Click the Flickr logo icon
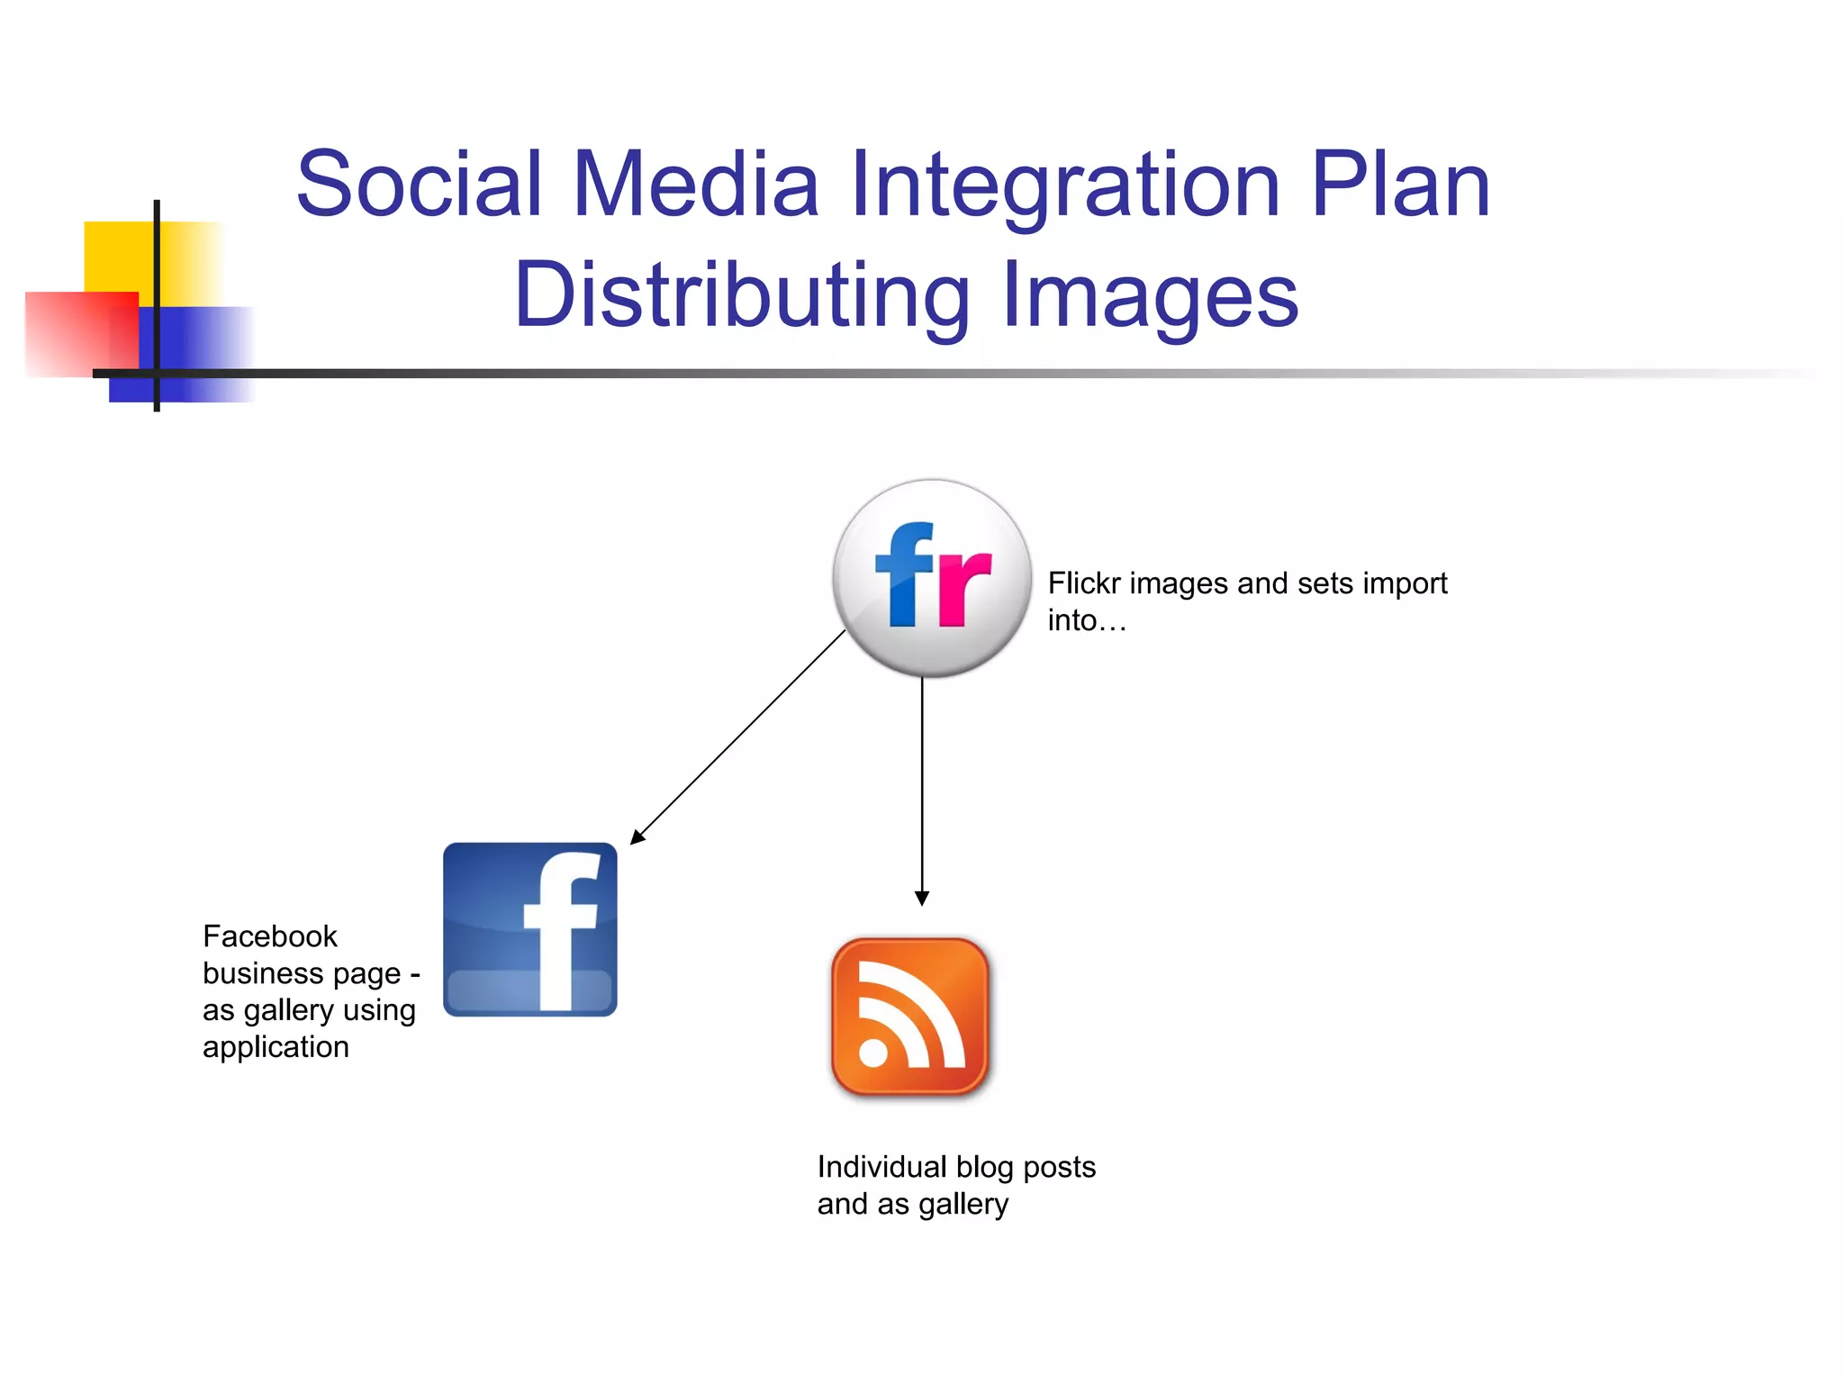click(932, 578)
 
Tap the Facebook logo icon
click(530, 929)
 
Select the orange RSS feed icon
click(910, 1016)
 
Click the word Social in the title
click(420, 185)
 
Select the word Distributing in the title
click(742, 295)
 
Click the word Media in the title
click(695, 185)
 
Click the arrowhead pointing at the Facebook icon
click(637, 836)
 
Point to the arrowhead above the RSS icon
click(922, 898)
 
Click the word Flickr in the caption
click(1084, 583)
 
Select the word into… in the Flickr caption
click(1087, 620)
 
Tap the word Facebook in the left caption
click(270, 936)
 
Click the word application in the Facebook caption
click(276, 1047)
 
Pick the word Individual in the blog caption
click(881, 1167)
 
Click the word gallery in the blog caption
click(963, 1205)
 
